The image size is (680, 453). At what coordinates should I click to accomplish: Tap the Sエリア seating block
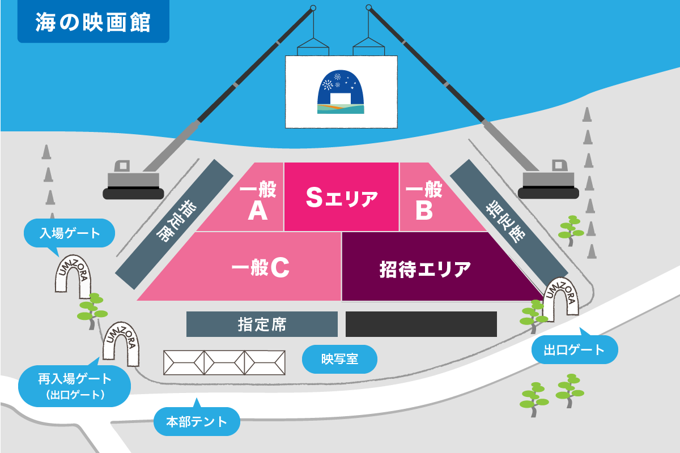click(341, 196)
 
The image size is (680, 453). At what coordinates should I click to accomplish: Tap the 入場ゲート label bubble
click(70, 232)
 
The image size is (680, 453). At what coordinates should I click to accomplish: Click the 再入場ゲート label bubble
click(75, 385)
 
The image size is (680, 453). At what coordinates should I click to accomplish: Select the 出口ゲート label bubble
click(574, 350)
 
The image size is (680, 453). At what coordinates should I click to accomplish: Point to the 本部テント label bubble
click(197, 421)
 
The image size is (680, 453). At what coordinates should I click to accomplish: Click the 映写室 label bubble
click(339, 359)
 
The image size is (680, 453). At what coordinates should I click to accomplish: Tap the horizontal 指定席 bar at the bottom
click(262, 324)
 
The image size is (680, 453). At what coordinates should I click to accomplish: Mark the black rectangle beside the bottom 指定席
click(421, 324)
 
